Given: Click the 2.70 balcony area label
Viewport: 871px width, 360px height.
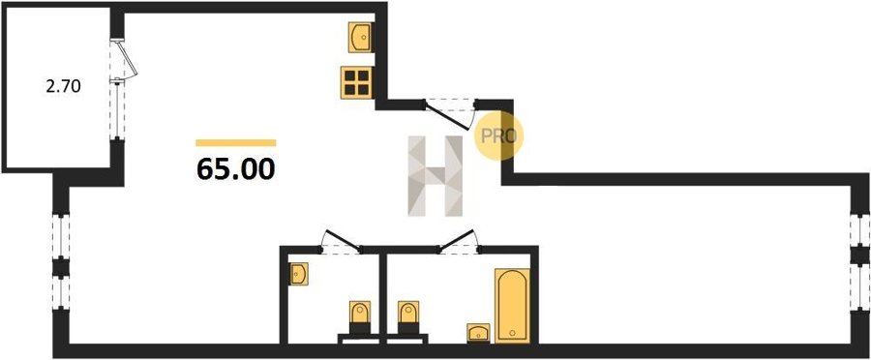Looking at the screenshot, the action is pyautogui.click(x=63, y=87).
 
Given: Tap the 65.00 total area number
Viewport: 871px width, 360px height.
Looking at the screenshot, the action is pyautogui.click(x=235, y=169).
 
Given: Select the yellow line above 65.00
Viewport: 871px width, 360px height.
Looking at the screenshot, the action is pyautogui.click(x=235, y=143).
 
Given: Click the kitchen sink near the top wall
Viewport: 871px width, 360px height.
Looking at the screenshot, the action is pyautogui.click(x=360, y=37).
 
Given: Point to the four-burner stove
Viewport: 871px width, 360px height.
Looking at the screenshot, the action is pyautogui.click(x=356, y=82).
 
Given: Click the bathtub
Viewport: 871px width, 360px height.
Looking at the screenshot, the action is pyautogui.click(x=512, y=305).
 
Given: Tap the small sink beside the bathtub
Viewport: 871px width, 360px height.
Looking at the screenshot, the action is pyautogui.click(x=478, y=332).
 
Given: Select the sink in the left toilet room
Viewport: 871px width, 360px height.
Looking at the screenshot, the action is pyautogui.click(x=298, y=274).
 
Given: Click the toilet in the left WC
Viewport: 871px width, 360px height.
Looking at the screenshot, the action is pyautogui.click(x=359, y=317).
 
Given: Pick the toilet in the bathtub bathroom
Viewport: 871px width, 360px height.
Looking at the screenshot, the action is pyautogui.click(x=408, y=317).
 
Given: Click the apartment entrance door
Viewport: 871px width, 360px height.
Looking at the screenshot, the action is pyautogui.click(x=449, y=115).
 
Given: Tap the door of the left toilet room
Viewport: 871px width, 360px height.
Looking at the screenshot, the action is pyautogui.click(x=343, y=241).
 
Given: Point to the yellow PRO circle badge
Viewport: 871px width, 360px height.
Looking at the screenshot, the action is pyautogui.click(x=498, y=136).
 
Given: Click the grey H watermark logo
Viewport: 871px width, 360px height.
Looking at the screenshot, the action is pyautogui.click(x=435, y=175).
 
